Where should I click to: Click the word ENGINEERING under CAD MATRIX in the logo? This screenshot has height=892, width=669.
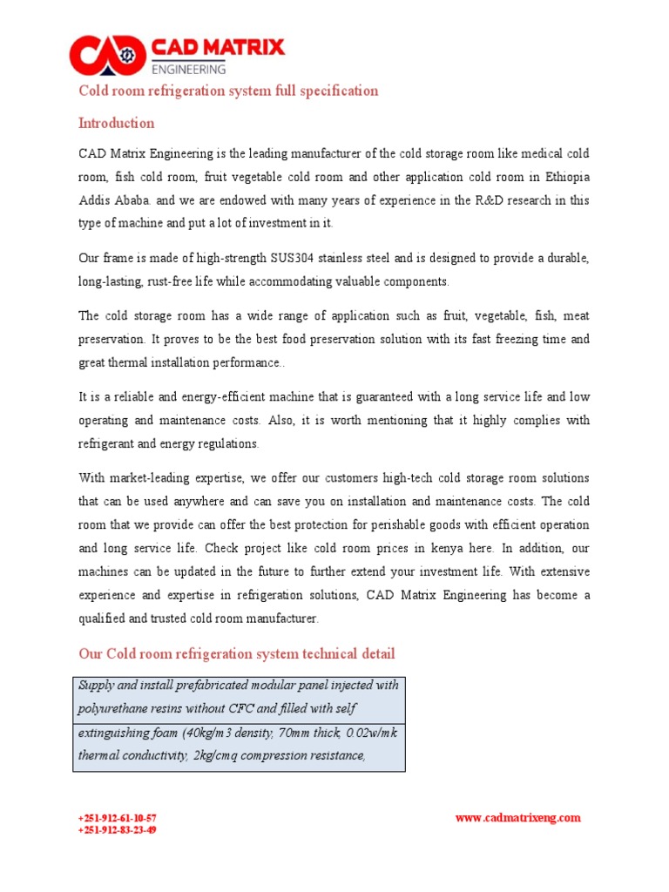189,68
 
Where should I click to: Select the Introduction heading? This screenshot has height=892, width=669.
117,123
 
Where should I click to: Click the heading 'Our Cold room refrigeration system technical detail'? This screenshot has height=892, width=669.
236,653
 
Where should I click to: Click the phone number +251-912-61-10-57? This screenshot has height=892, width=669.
118,818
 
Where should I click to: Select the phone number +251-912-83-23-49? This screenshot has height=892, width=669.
118,830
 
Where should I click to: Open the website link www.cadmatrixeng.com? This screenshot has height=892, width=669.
517,817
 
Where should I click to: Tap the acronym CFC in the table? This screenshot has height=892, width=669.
226,708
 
